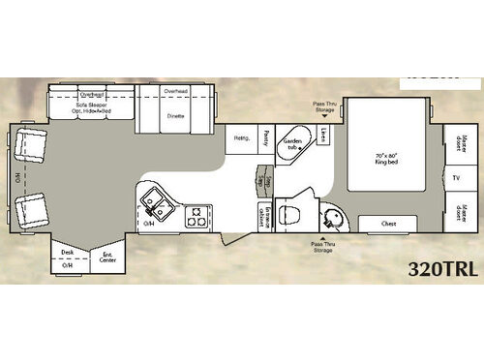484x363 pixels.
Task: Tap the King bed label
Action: pos(385,159)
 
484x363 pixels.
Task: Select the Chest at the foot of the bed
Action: pos(388,224)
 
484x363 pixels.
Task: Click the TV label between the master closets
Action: pos(456,178)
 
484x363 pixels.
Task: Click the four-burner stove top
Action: pos(197,215)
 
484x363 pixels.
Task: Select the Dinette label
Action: pos(175,115)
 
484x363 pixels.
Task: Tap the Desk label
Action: pos(67,253)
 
